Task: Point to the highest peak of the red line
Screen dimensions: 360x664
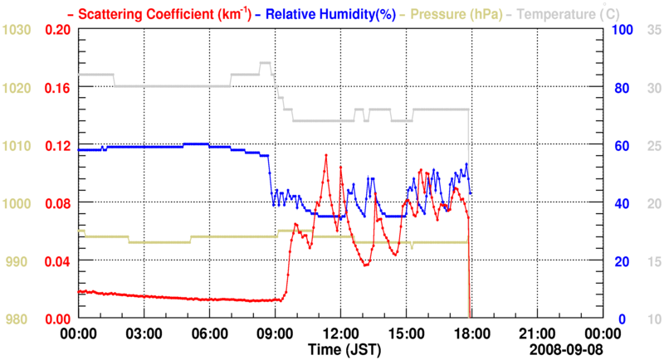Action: click(x=326, y=155)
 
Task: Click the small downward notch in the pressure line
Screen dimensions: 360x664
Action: click(x=413, y=247)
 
